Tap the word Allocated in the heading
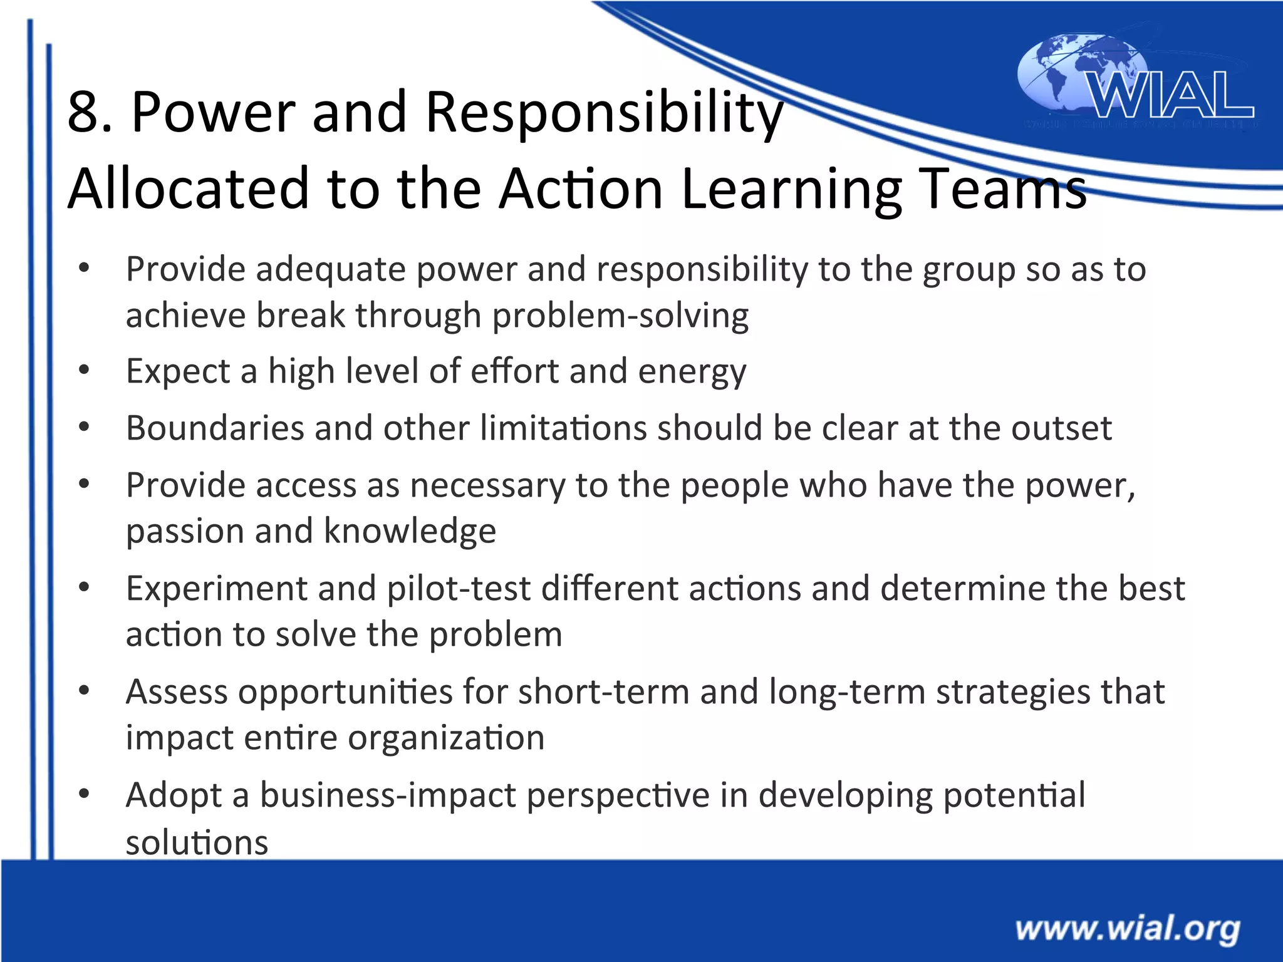(188, 189)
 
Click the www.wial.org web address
(1128, 929)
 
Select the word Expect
(178, 372)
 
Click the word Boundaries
(215, 428)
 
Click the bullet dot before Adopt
(84, 794)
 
